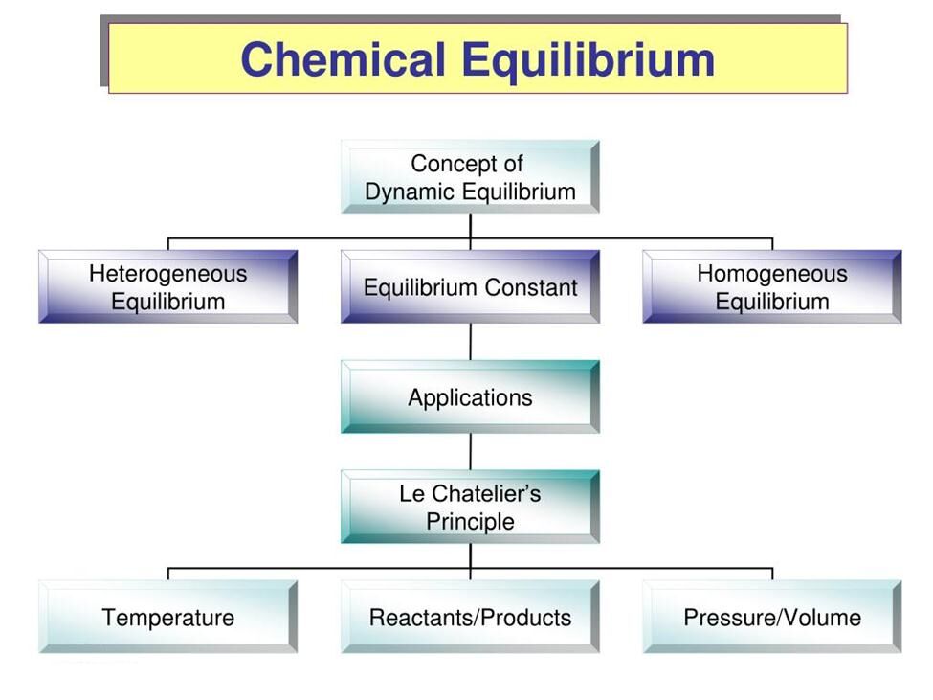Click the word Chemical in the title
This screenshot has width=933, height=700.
(343, 59)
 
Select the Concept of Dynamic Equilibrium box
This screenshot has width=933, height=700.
(470, 177)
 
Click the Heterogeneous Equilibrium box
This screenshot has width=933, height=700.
(167, 287)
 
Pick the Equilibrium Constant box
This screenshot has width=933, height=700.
(470, 287)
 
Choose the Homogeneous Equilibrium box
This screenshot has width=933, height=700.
(772, 287)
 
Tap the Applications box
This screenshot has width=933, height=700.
(470, 397)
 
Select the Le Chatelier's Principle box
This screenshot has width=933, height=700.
(470, 507)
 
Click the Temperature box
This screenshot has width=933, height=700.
(167, 617)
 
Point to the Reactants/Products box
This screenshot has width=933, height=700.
(470, 617)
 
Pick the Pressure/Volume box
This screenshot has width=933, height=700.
(772, 617)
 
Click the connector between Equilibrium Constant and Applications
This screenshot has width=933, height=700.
(471, 342)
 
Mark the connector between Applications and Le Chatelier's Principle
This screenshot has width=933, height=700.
(471, 452)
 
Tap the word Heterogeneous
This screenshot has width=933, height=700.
(167, 274)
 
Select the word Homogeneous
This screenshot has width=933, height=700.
(772, 274)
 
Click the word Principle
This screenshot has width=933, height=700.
(470, 522)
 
